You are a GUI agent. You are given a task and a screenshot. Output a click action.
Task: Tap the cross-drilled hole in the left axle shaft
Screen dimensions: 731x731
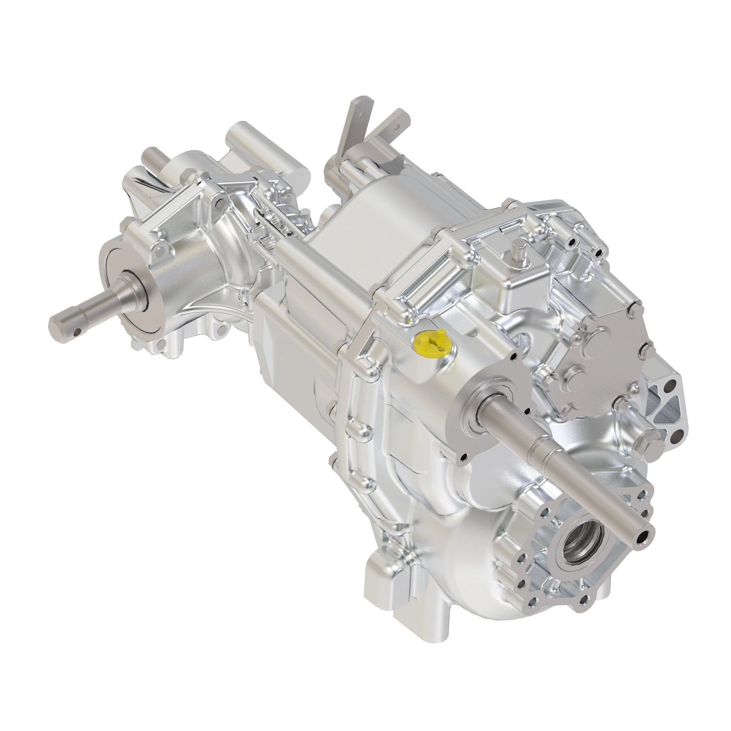click(77, 332)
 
